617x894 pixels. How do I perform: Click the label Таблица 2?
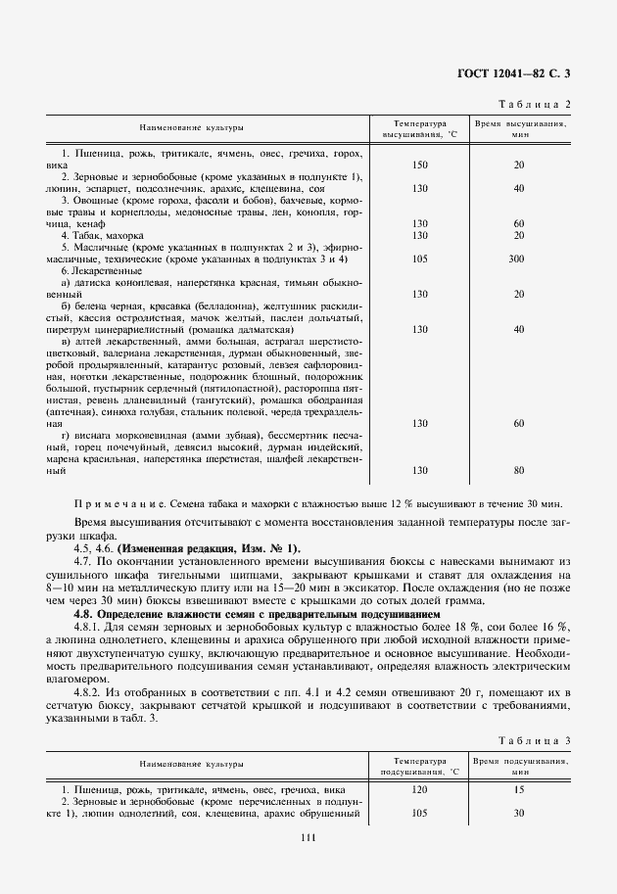tap(534, 103)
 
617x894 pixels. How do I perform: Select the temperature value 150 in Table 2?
tap(420, 164)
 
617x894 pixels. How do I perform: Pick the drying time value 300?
tap(519, 259)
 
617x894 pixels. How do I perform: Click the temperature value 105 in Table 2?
tap(420, 259)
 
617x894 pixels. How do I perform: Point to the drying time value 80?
tap(519, 471)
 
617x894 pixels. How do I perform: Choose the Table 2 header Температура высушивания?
tap(420, 129)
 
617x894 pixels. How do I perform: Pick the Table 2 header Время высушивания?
tap(519, 129)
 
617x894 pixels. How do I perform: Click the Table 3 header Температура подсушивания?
tap(420, 766)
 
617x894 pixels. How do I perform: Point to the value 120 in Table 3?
tap(420, 788)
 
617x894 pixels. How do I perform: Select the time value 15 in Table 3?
tap(519, 788)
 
